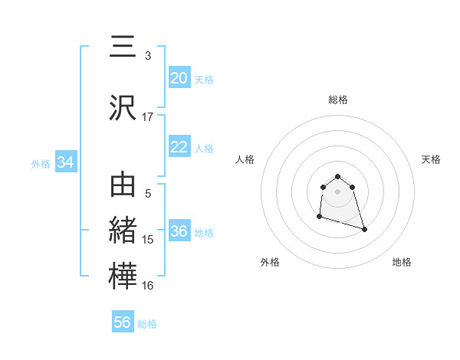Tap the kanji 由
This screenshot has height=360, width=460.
point(123,186)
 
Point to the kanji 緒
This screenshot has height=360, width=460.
point(123,231)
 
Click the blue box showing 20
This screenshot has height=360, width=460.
point(179,78)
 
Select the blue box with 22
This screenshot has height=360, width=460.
point(179,147)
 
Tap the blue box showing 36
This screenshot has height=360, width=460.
point(179,232)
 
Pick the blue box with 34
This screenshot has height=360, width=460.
point(65,162)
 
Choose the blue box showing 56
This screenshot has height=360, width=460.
point(123,322)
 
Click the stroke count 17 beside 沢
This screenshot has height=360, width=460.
point(147,117)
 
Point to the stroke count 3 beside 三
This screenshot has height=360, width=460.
point(148,56)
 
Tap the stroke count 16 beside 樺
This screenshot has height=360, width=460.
point(147,286)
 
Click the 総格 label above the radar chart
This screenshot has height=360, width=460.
point(337,100)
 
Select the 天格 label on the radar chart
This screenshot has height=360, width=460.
point(432,159)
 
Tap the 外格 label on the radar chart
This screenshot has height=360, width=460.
point(269,262)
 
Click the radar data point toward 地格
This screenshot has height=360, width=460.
point(364,229)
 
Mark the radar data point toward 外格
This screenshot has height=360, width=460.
point(319,217)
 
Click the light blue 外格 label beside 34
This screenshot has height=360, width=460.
point(41,163)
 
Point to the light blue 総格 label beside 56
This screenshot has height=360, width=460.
point(147,324)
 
